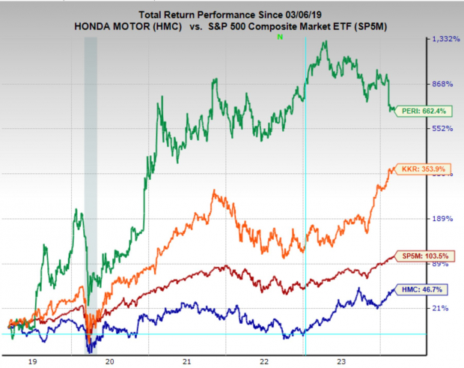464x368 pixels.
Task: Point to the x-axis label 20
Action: (x=111, y=361)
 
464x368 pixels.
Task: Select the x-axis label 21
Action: (x=188, y=361)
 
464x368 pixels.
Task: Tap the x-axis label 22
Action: (x=264, y=361)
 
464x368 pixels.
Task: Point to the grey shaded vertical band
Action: (x=91, y=187)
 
